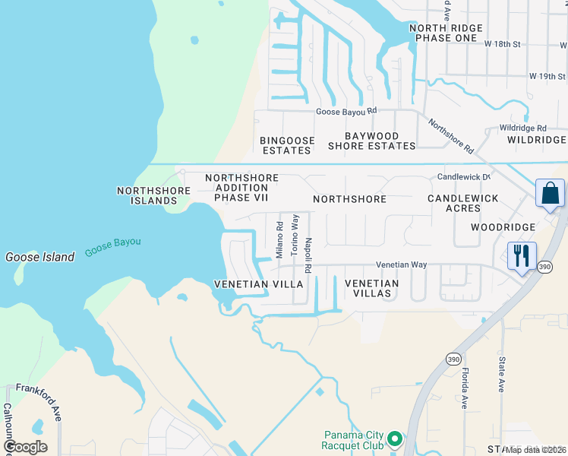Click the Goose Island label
coord(40,257)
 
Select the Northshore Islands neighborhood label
coord(147,195)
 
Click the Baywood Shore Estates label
coord(371,141)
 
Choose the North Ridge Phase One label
coord(443,33)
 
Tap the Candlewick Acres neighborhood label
coord(463,203)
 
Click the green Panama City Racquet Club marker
coord(394,439)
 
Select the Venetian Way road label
coord(402,264)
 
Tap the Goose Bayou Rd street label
coord(346,111)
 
